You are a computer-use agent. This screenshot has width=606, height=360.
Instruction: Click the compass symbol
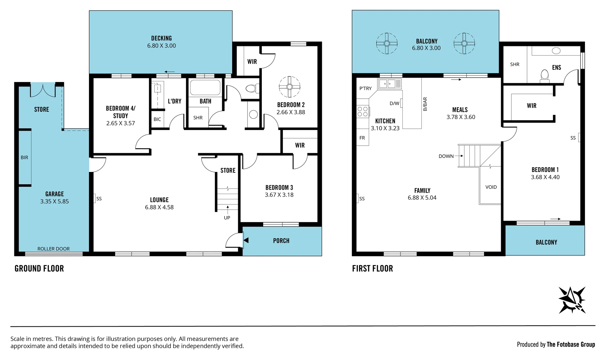point(572,300)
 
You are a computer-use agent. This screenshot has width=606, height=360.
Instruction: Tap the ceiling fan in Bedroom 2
point(289,87)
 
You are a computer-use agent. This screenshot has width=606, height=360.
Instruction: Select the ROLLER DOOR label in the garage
point(53,249)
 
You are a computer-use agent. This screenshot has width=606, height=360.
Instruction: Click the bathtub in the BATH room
point(205,88)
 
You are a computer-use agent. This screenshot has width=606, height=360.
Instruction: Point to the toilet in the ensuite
point(545,76)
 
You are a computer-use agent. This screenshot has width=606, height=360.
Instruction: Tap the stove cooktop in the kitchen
point(363,111)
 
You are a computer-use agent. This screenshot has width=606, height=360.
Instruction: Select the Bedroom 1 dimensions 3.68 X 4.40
point(545,177)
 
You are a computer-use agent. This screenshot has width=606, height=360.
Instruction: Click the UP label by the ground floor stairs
point(227,218)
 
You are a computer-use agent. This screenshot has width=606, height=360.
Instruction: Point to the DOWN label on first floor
point(446,156)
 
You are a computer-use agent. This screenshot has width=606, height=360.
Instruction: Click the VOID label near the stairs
point(491,187)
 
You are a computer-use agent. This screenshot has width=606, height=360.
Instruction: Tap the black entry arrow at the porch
point(246,240)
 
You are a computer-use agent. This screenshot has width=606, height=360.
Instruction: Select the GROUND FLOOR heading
point(39,268)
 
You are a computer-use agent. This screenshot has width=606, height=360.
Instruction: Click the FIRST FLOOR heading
point(372,268)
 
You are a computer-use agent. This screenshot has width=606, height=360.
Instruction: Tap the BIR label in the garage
point(24,157)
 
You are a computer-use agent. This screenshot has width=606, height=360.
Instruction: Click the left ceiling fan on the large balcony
point(387,43)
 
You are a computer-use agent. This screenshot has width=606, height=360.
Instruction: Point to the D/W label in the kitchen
point(394,103)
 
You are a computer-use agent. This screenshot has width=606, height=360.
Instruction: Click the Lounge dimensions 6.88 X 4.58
point(159,207)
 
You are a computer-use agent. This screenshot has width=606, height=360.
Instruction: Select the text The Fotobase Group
point(571,344)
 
